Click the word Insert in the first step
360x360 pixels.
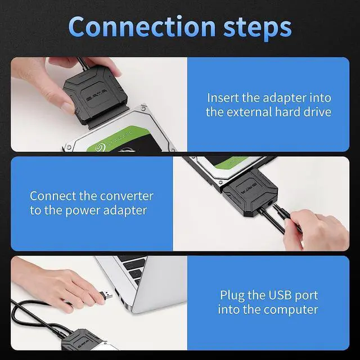(x=223, y=97)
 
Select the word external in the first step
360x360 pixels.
(x=250, y=112)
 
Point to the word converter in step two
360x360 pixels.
(x=127, y=196)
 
